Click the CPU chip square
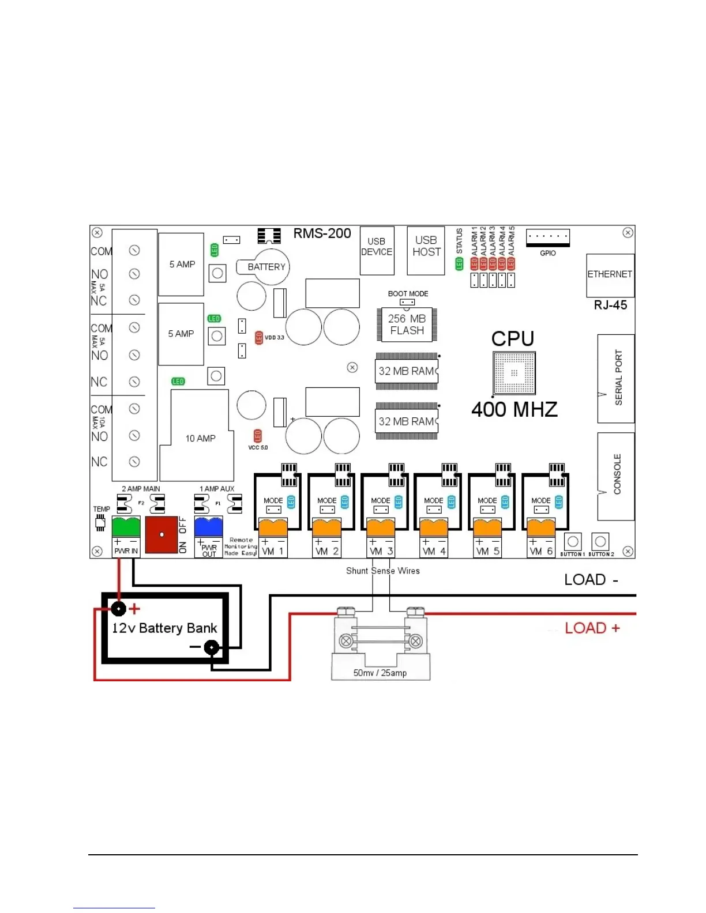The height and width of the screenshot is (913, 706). (514, 373)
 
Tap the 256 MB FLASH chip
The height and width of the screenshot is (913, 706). (407, 325)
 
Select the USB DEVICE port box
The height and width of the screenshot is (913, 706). (377, 250)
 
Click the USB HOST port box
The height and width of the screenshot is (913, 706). (426, 250)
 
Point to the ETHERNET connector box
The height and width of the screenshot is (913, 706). (610, 275)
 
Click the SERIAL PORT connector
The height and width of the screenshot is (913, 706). (615, 378)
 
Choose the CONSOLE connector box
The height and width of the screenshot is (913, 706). (615, 476)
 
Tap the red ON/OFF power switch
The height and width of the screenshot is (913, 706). (162, 535)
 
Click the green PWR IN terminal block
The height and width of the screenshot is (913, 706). (126, 527)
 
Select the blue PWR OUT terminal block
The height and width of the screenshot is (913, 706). (208, 527)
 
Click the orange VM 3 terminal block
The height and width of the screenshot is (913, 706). (381, 527)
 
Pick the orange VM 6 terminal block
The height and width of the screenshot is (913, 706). (541, 527)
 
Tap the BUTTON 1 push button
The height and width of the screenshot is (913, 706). (572, 542)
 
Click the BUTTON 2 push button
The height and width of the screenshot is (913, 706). (600, 542)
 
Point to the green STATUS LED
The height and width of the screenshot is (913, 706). (459, 264)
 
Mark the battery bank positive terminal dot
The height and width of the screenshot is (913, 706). (119, 608)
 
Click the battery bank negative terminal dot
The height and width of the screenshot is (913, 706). (212, 648)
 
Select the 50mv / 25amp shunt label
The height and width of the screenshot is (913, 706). (380, 673)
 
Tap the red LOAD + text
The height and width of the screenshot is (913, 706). (592, 628)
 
